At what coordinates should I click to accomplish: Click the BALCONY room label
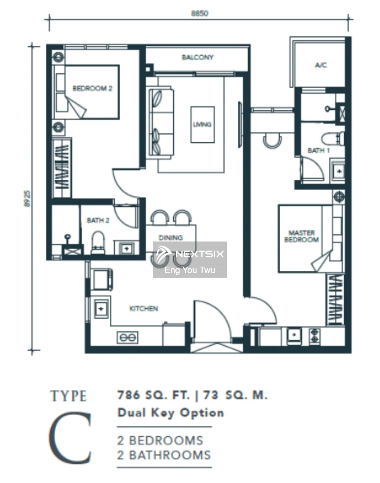(x=198, y=57)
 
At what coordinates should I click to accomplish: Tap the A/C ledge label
(x=321, y=65)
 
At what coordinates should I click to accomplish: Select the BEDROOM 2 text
(x=92, y=88)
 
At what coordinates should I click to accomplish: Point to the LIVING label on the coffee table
(x=202, y=124)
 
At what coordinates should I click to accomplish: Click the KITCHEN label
(x=144, y=308)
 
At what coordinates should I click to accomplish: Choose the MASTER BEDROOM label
(x=301, y=236)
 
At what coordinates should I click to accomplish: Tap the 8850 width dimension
(x=199, y=13)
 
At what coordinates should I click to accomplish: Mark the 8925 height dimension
(x=27, y=199)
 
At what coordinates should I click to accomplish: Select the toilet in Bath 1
(x=333, y=138)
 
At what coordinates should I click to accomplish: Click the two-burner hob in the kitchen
(x=127, y=337)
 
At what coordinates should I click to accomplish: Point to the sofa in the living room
(x=161, y=122)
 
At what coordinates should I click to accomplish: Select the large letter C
(x=70, y=438)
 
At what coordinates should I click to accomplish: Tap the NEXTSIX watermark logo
(x=190, y=260)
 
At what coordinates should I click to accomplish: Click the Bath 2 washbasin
(x=126, y=248)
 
